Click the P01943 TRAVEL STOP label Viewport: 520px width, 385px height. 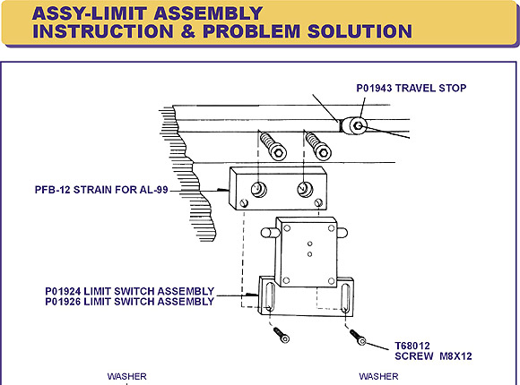(x=412, y=88)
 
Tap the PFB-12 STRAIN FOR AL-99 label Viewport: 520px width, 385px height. (x=101, y=190)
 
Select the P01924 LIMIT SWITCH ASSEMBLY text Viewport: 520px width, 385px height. (x=130, y=291)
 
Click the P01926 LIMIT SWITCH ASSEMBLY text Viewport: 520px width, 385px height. (x=130, y=302)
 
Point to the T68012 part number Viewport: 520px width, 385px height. (x=412, y=346)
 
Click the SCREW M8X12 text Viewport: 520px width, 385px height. (x=433, y=356)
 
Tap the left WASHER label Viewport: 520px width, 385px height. (x=127, y=376)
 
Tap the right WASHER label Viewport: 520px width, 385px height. (x=378, y=376)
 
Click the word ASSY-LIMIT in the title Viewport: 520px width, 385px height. (x=90, y=13)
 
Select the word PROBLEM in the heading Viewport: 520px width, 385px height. (x=251, y=31)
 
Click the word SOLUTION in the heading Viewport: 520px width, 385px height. (x=360, y=31)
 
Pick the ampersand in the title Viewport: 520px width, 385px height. (x=188, y=31)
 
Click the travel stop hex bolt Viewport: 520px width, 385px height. (x=358, y=125)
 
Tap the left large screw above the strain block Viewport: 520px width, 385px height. (x=273, y=146)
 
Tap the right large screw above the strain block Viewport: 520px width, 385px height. (x=318, y=146)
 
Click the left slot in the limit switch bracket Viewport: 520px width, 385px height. (x=269, y=297)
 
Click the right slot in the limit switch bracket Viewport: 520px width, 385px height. (x=345, y=298)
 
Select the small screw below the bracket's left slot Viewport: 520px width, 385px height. (x=282, y=335)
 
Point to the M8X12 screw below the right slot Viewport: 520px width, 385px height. (x=358, y=338)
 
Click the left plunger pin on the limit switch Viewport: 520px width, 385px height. (x=268, y=232)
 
